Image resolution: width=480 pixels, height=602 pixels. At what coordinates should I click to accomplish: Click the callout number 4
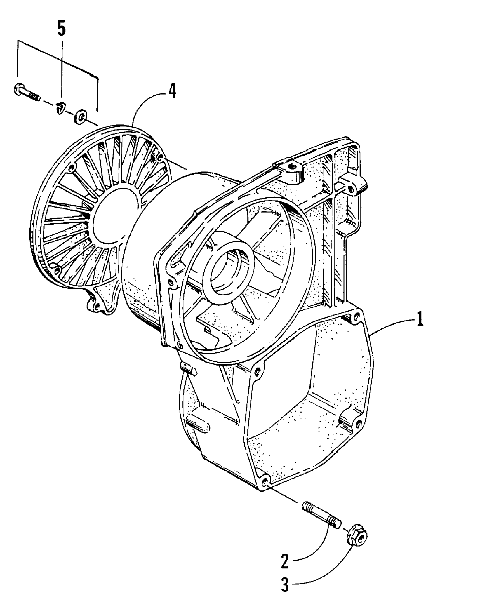pos(172,92)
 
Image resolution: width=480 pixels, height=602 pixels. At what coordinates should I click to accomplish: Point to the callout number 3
pos(285,590)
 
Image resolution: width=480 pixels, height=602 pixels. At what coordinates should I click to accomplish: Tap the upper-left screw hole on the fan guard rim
pos(71,169)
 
